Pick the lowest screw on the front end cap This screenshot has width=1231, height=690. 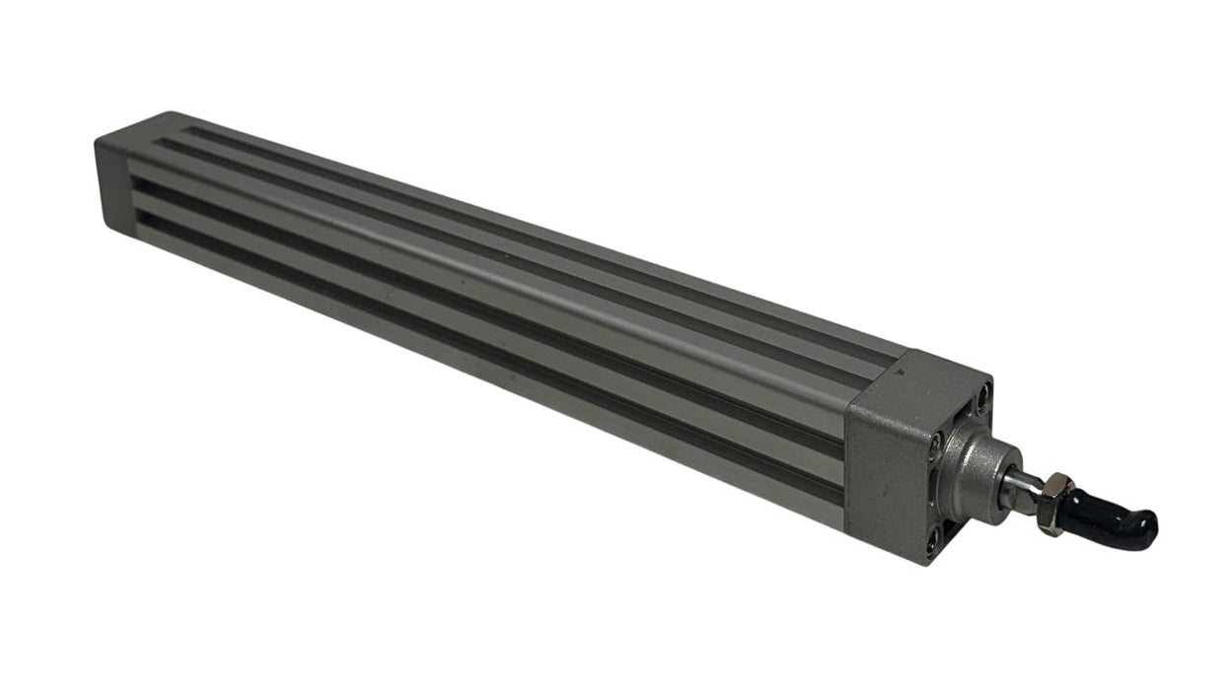click(x=931, y=540)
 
